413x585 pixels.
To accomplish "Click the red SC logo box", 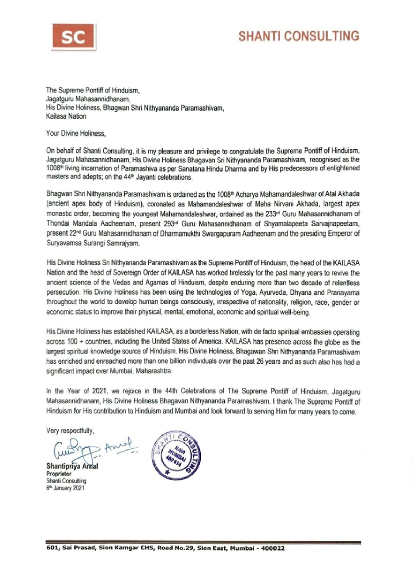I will tap(73, 38).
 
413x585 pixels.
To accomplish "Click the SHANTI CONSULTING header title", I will tap(299, 36).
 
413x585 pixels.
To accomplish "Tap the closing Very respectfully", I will tap(70, 431).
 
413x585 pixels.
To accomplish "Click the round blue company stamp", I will tap(177, 456).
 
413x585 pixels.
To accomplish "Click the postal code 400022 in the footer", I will tap(272, 549).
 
